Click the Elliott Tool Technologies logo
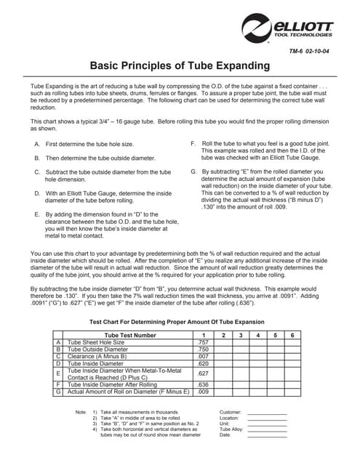click(288, 30)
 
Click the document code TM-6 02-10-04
click(311, 52)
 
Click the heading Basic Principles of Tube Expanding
click(180, 66)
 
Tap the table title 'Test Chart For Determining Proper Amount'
click(177, 321)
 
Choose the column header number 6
click(292, 335)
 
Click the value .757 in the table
click(203, 341)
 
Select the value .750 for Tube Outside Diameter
click(203, 349)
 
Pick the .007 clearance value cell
click(203, 356)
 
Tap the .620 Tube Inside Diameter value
click(203, 363)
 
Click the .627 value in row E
click(203, 374)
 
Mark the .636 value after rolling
click(203, 384)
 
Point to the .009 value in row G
click(203, 392)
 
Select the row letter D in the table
click(58, 363)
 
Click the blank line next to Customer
click(267, 413)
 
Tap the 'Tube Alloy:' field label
click(231, 429)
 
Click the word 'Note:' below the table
click(81, 413)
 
